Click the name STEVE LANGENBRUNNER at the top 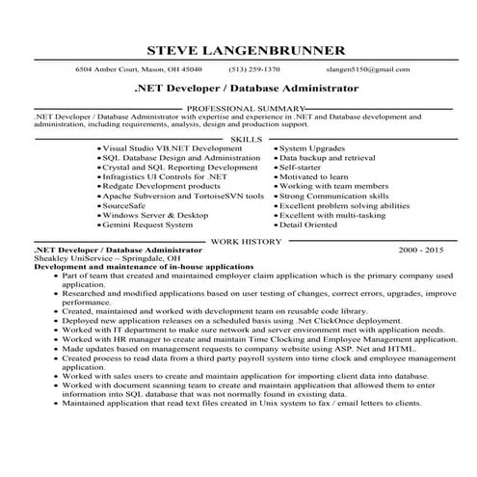238,50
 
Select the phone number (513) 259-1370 254,69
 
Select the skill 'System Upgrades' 312,149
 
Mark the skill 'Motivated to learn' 316,176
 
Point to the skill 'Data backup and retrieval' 328,158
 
